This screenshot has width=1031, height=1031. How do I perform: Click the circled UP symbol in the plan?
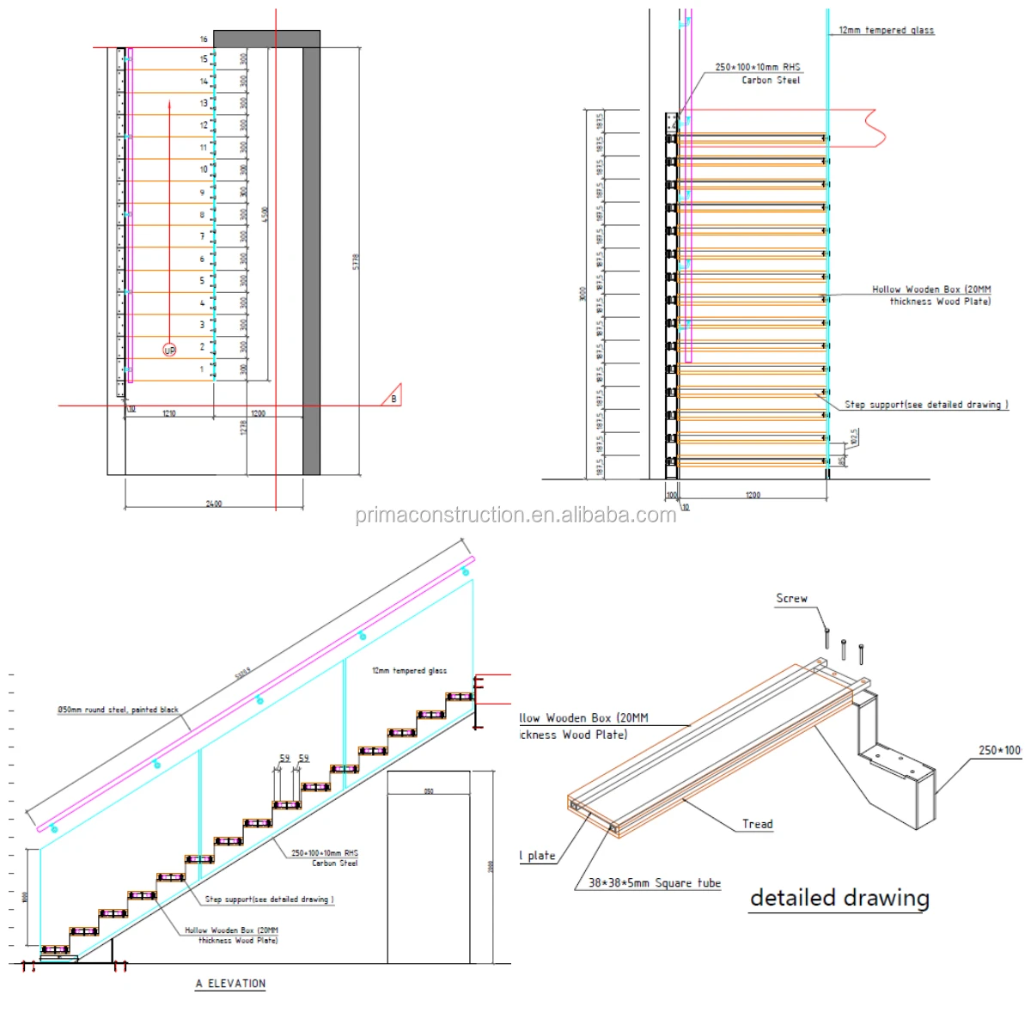(169, 351)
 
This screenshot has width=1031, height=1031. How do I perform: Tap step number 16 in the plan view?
(204, 40)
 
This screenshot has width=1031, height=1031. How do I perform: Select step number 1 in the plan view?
(203, 369)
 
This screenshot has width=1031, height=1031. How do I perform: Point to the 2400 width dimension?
(214, 503)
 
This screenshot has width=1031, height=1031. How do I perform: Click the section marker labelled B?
(393, 398)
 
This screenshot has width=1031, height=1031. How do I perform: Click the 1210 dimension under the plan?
(169, 414)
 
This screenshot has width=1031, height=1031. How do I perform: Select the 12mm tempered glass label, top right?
(886, 30)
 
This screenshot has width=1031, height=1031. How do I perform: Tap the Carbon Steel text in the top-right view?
(771, 80)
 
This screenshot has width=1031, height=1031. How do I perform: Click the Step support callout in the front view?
(924, 404)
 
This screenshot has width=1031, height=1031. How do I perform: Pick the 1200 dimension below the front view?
(753, 495)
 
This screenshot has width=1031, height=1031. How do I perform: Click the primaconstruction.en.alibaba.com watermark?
(515, 515)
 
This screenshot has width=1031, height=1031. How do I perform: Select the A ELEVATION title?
(230, 984)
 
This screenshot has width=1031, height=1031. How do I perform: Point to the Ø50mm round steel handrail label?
(118, 710)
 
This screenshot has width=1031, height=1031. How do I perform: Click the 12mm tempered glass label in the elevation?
(409, 670)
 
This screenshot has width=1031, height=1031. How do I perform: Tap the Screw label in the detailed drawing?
(791, 598)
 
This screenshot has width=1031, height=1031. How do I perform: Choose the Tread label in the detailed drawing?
(757, 824)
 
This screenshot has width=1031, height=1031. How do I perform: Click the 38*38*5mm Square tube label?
(654, 882)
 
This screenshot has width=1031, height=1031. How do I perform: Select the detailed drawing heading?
(839, 898)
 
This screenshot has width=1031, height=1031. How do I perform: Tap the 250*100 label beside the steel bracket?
(999, 750)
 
